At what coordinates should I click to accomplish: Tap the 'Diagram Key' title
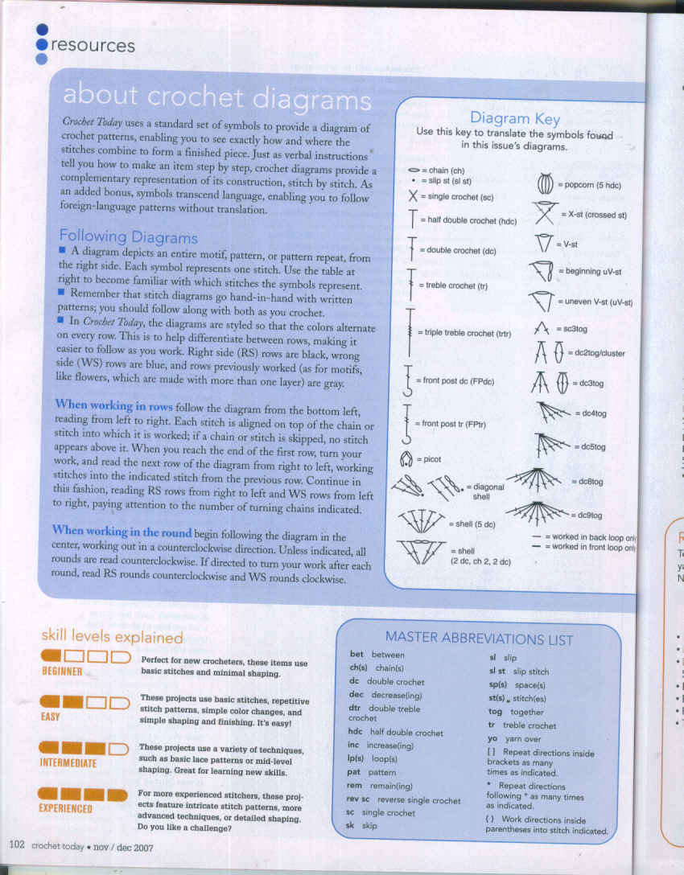pos(514,118)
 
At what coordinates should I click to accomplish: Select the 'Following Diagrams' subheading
pos(128,236)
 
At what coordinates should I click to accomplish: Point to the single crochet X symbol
pos(413,196)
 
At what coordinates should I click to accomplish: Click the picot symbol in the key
pos(406,459)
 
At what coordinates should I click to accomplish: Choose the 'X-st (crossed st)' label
pos(594,215)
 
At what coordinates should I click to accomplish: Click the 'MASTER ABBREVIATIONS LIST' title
pos(479,640)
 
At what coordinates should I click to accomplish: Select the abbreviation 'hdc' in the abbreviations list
pos(355,733)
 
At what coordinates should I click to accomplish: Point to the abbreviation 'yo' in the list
pos(492,738)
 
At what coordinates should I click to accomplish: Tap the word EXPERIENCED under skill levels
pos(66,808)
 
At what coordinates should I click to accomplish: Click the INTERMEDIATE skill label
pos(68,762)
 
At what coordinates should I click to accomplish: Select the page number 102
pos(17,845)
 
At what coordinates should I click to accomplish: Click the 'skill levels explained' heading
pos(112,637)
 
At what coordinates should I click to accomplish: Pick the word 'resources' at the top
pos(93,46)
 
